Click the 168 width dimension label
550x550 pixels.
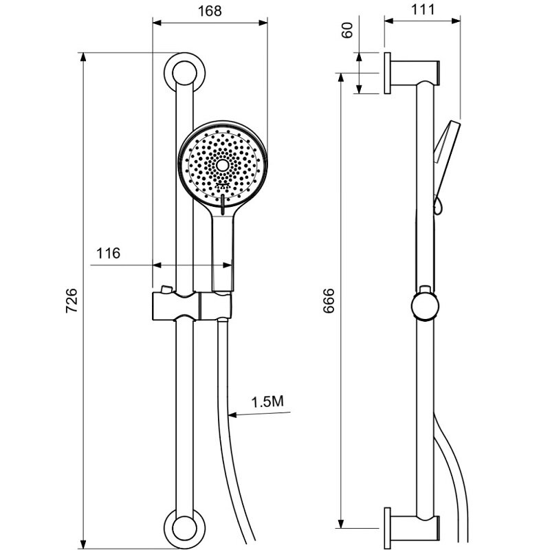210,11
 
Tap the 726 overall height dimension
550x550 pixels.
71,300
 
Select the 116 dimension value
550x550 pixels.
108,253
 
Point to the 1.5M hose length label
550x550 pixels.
267,401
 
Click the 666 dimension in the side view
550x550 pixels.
329,300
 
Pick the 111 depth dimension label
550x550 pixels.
423,10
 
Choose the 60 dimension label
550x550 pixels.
347,30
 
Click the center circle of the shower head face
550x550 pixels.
222,165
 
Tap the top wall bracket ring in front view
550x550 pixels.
184,60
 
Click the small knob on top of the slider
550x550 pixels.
166,289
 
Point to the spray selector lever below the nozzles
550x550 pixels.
222,204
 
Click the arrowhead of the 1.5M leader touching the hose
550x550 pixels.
232,415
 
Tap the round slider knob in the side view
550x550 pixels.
425,306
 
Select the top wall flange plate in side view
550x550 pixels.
387,74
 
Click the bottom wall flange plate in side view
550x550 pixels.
387,528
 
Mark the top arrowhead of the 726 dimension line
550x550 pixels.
83,57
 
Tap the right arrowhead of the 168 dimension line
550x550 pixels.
263,23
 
